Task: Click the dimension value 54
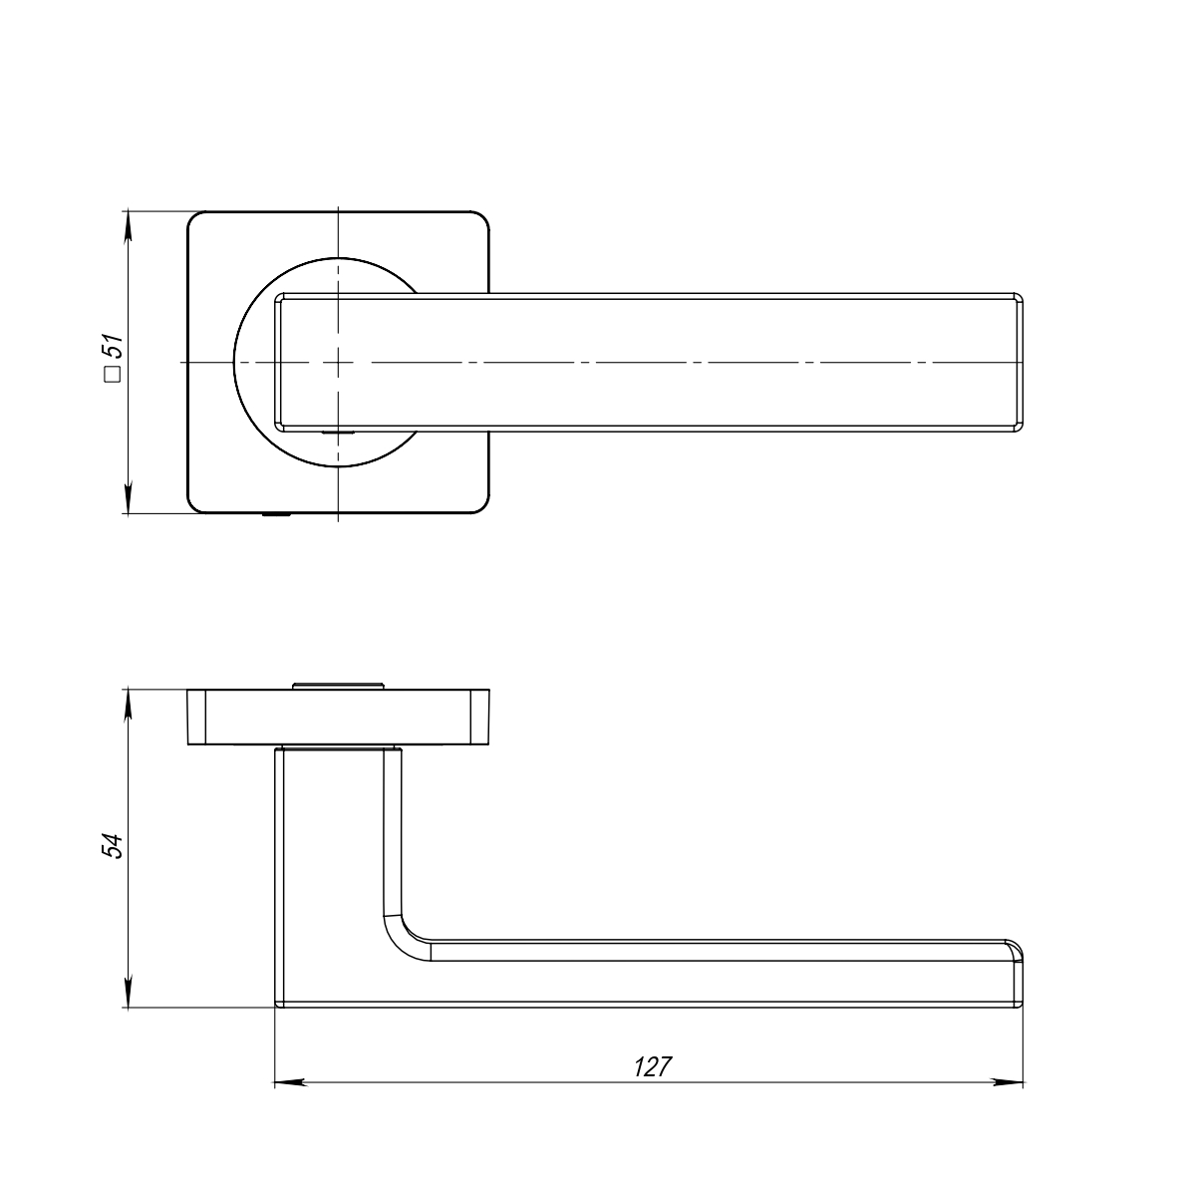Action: (x=113, y=845)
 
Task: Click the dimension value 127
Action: (x=652, y=1066)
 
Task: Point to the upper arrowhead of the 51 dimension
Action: (x=128, y=225)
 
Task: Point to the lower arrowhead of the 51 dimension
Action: (x=128, y=499)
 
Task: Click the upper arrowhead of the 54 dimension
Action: (x=128, y=704)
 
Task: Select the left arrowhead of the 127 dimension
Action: (x=289, y=1082)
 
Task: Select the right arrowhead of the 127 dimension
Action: (x=1009, y=1082)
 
